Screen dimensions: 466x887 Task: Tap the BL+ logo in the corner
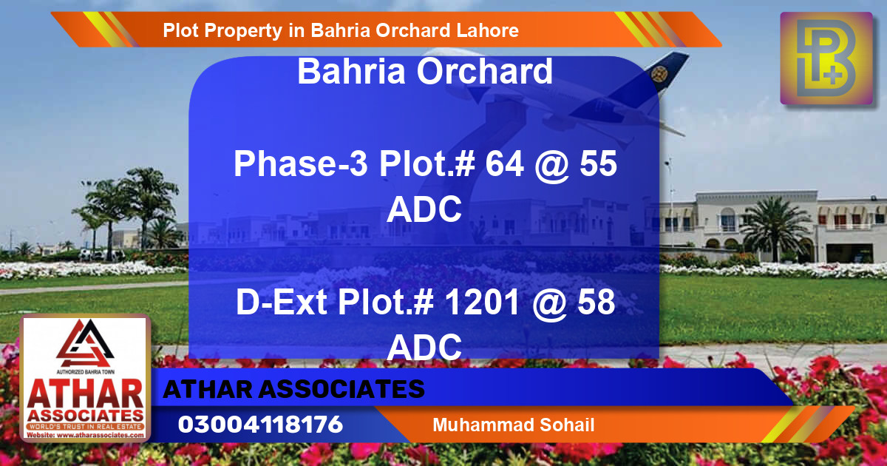(827, 59)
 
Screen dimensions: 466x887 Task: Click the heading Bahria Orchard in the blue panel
(425, 72)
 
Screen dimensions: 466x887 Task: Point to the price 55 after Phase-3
(597, 164)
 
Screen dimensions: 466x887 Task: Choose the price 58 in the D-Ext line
(597, 303)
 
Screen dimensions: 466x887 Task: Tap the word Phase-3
(302, 164)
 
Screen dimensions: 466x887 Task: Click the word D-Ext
(281, 303)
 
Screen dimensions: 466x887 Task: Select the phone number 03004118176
(260, 425)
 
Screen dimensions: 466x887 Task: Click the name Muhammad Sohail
(514, 425)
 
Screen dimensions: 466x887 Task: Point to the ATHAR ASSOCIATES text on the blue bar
(293, 389)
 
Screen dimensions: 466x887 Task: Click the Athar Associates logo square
(86, 379)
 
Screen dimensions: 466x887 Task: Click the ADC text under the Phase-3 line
(425, 211)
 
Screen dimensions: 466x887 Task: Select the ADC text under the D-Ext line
(425, 346)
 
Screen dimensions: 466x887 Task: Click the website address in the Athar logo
(86, 436)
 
